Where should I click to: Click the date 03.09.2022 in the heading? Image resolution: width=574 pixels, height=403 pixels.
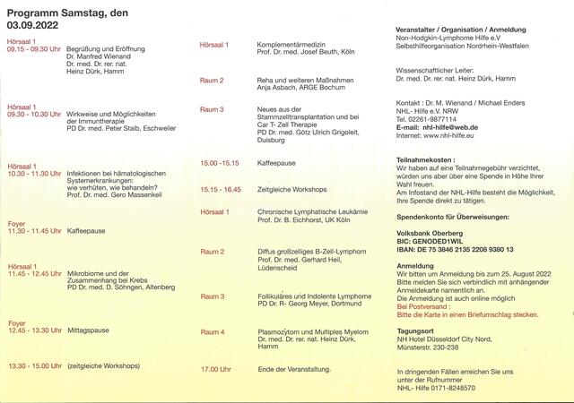click(x=33, y=26)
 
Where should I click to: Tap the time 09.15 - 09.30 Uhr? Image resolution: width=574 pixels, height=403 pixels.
click(x=34, y=49)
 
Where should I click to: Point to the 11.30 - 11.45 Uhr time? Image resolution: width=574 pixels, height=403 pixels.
click(x=34, y=231)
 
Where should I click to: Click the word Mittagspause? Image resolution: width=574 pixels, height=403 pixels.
click(x=88, y=330)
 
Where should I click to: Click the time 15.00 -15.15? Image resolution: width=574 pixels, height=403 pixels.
click(x=220, y=164)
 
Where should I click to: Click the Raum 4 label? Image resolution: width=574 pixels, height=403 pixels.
click(x=213, y=332)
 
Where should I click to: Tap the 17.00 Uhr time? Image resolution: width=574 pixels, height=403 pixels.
click(x=216, y=369)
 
